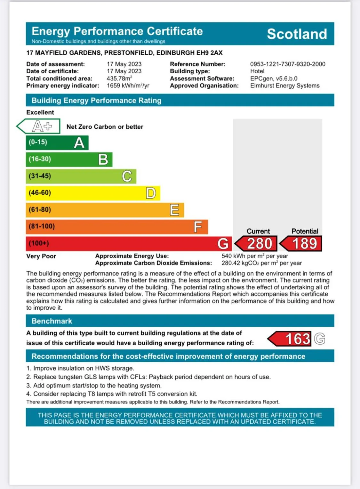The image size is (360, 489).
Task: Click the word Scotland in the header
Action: tap(297, 34)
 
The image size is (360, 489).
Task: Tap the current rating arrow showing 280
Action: tap(256, 244)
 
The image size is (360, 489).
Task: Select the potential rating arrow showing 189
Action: tap(301, 244)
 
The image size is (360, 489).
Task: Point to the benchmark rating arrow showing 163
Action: tap(290, 339)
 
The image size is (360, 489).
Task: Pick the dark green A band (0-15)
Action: tap(57, 143)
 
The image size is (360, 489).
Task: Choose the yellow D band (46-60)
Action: tap(93, 193)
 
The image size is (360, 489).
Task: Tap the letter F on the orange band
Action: tap(198, 227)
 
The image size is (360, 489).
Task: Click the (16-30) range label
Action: tap(40, 159)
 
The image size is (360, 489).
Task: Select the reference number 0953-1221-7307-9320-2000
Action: tap(287, 64)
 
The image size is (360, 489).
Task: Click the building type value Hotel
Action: tap(257, 71)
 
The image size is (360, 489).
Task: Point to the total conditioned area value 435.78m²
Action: tap(119, 78)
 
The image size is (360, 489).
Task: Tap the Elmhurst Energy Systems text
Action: tap(284, 86)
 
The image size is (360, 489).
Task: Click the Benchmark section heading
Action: tap(52, 321)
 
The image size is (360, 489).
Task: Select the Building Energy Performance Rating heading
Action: tap(96, 101)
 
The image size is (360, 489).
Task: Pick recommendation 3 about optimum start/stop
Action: tap(94, 386)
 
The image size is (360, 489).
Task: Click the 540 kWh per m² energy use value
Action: tap(254, 256)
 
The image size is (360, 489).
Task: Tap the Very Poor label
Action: tap(41, 256)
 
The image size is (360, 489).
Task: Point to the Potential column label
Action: tap(304, 231)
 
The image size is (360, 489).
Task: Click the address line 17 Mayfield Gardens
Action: tap(124, 53)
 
